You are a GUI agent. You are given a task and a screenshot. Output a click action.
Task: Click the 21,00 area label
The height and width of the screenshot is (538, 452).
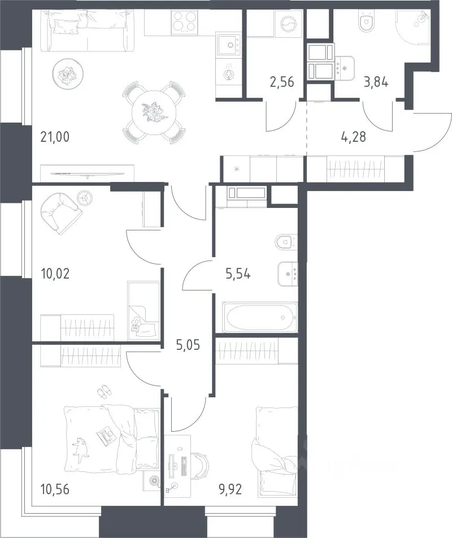(55, 137)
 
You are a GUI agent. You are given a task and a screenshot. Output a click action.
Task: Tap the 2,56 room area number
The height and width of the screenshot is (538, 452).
(282, 82)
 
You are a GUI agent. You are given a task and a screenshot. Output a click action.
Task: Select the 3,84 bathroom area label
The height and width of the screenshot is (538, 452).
(376, 82)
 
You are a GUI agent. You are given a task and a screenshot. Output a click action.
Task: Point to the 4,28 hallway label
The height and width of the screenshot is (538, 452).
(354, 137)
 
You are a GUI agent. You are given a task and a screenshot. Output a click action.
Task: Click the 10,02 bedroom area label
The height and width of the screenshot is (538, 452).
(55, 274)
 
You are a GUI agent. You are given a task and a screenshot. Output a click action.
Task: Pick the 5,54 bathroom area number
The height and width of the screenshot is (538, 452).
(238, 274)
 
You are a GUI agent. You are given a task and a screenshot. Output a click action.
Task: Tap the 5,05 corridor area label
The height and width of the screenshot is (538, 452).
(188, 345)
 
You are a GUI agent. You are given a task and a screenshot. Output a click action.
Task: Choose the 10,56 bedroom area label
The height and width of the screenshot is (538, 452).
(55, 489)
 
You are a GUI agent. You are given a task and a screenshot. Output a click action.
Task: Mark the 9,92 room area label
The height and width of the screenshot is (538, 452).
(231, 489)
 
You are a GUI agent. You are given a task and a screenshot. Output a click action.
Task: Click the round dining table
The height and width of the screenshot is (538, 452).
(154, 112)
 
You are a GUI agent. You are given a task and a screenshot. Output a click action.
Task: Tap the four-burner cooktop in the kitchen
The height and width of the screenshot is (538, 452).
(184, 22)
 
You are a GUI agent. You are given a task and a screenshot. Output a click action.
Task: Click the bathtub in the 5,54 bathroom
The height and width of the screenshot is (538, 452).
(260, 317)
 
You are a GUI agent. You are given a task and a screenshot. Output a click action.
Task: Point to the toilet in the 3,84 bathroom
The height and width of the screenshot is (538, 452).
(366, 21)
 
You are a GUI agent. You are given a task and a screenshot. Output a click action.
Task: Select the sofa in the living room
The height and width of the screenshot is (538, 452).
(87, 31)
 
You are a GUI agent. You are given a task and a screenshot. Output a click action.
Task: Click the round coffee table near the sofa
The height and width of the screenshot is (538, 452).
(68, 74)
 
